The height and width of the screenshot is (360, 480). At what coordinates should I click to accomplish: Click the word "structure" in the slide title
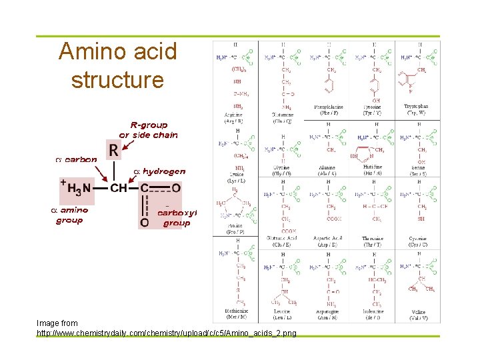117,80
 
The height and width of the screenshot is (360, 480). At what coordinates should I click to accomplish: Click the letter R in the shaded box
114,151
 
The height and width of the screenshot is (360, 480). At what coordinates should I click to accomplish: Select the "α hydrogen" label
160,171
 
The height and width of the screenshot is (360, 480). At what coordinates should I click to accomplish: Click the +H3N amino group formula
77,189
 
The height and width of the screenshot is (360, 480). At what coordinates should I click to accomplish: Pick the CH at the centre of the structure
118,189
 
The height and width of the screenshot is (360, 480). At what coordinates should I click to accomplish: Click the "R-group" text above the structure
149,125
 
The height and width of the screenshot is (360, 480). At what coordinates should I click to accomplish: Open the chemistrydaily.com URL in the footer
167,332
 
